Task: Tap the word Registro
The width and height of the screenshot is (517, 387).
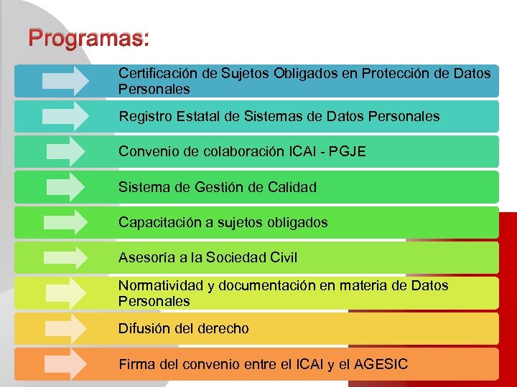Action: [x=144, y=116]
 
